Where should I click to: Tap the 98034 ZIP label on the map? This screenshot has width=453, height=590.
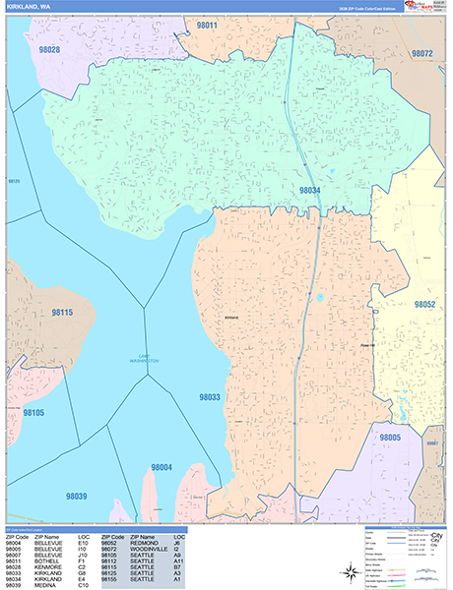tap(310, 190)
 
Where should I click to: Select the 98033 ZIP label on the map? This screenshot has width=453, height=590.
tap(210, 398)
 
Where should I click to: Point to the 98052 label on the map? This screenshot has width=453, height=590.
tap(424, 305)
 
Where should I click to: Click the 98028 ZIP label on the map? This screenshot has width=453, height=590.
tap(49, 49)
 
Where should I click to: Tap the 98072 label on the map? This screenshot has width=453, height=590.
tap(422, 52)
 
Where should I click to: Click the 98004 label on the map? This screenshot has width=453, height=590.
tap(162, 467)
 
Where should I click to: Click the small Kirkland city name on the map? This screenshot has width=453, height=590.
tap(232, 318)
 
